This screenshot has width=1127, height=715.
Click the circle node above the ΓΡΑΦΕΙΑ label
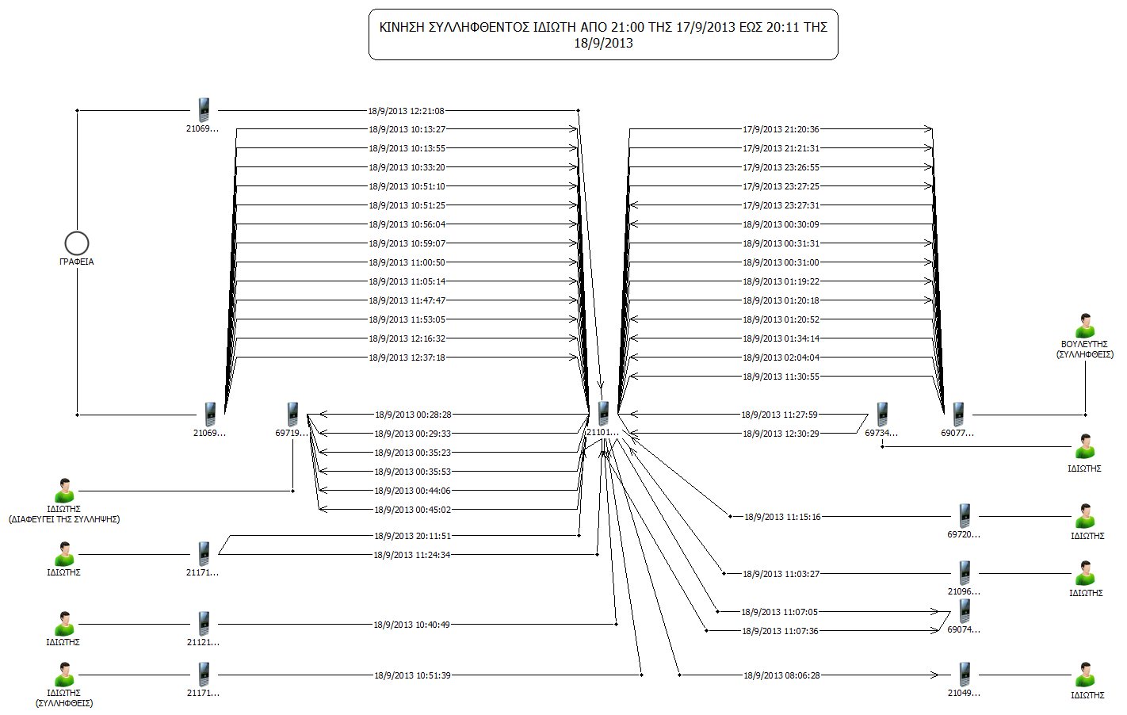tap(77, 243)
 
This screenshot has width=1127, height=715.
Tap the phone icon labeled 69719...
tap(292, 414)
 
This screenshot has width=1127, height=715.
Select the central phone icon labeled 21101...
tap(603, 414)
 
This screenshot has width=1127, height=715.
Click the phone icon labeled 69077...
tap(958, 415)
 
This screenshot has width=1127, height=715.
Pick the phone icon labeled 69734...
tap(882, 415)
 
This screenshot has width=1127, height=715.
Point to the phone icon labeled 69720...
tap(965, 516)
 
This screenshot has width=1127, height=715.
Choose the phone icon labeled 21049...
tap(965, 675)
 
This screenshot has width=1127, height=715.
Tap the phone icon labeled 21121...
tap(204, 624)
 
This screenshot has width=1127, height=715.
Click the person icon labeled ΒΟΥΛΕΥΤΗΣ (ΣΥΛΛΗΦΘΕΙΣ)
tap(1085, 326)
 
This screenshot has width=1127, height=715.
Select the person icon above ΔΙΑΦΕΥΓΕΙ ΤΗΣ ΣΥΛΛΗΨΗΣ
tap(64, 491)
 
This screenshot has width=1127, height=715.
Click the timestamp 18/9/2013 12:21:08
tap(407, 111)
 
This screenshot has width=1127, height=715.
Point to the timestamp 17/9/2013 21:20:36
tap(781, 129)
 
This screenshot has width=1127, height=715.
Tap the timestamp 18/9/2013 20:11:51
tap(412, 536)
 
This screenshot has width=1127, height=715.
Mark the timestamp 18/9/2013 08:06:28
tap(782, 675)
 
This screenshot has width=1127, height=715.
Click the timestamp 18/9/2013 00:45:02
tap(413, 510)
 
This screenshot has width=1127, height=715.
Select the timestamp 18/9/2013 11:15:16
tap(782, 517)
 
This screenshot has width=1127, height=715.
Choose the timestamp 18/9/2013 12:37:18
tap(407, 357)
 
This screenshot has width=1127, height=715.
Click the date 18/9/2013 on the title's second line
tap(603, 44)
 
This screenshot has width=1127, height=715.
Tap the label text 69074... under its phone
tap(964, 629)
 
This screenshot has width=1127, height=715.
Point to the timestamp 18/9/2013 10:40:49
tap(411, 625)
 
